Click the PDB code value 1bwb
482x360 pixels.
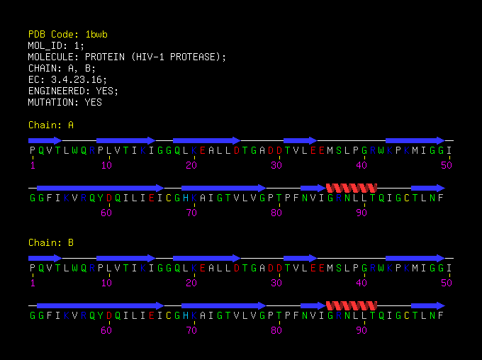coord(96,34)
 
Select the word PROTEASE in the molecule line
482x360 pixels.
coord(196,57)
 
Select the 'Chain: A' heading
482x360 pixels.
coord(51,125)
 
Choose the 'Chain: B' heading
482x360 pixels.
coord(51,243)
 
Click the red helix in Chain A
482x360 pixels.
coord(352,188)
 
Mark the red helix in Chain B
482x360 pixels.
coord(352,305)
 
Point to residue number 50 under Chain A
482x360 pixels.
coord(447,165)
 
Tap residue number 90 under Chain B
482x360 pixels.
coord(361,330)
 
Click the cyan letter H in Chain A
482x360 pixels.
coord(186,198)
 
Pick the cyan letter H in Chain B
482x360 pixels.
coord(186,316)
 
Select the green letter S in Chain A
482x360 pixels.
coord(339,151)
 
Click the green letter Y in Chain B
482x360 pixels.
coord(100,316)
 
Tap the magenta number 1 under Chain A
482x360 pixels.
coord(33,165)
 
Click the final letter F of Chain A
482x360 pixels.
coord(440,198)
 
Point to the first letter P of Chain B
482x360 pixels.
coord(33,269)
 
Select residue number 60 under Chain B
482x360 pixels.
coord(106,330)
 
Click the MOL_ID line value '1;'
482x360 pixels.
coord(79,45)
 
